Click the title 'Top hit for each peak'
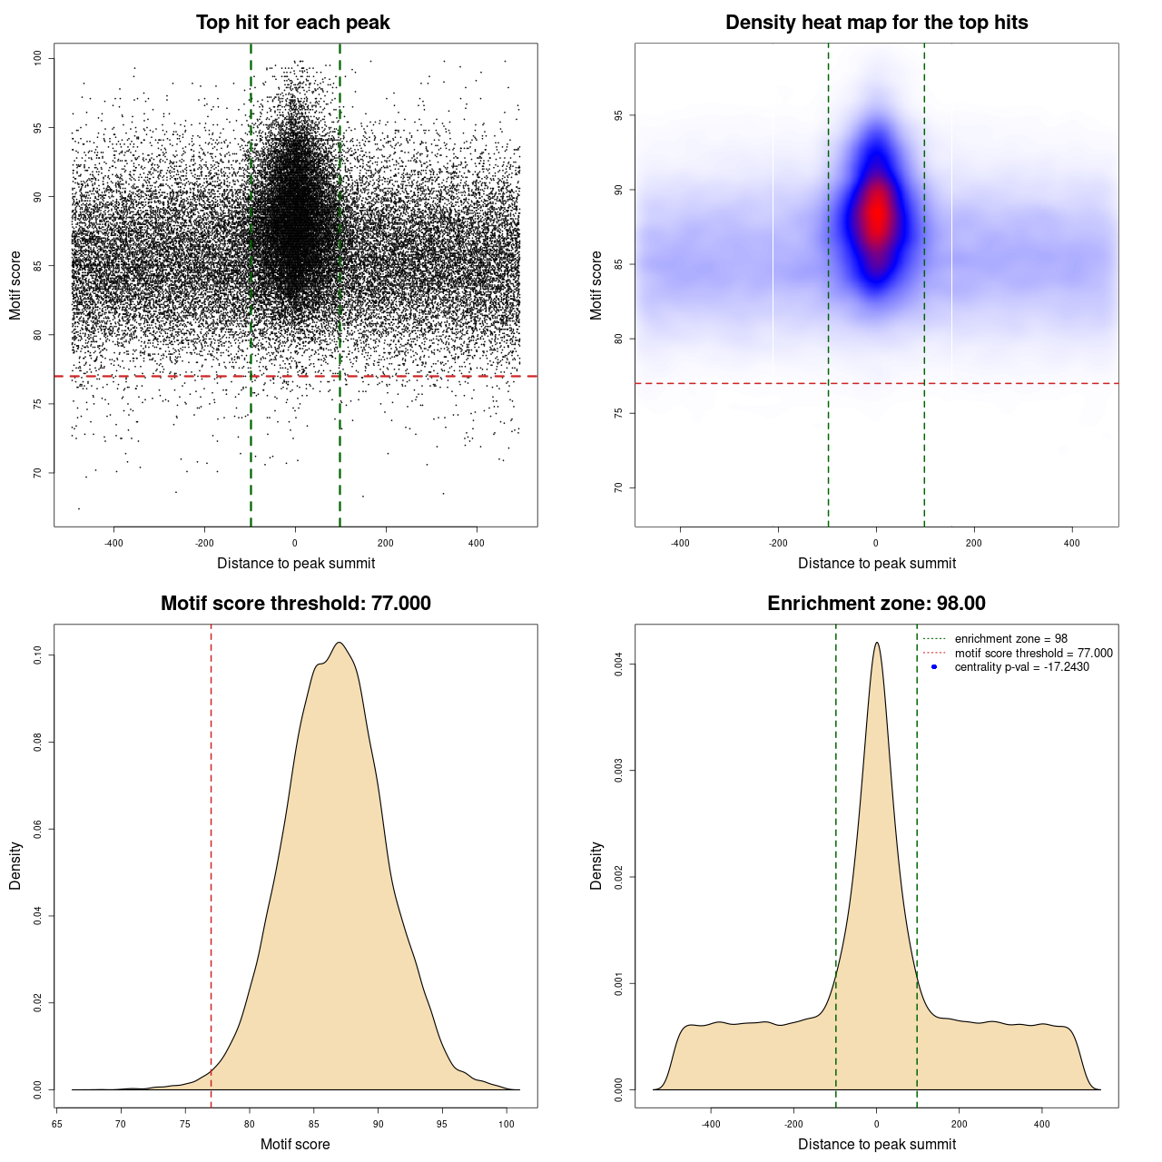(x=292, y=23)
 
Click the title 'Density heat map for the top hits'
(x=876, y=23)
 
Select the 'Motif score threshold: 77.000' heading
(x=295, y=604)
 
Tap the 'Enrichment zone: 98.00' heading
(x=876, y=604)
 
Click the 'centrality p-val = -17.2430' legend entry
(x=1021, y=667)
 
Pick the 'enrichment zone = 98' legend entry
(x=1010, y=639)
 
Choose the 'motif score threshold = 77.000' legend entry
(x=1033, y=654)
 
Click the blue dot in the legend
(x=934, y=667)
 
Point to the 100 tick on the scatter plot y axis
(x=38, y=58)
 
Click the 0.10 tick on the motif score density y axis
(x=38, y=655)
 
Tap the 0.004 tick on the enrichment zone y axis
(x=619, y=665)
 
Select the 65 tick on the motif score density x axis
(x=56, y=1124)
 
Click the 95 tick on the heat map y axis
(x=619, y=115)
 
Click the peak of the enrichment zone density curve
(x=877, y=643)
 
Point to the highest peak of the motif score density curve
(x=339, y=643)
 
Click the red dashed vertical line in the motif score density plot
(x=211, y=862)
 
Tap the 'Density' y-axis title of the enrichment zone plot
(x=596, y=865)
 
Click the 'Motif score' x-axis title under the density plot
(x=295, y=1144)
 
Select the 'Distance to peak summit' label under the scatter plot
(x=296, y=563)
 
